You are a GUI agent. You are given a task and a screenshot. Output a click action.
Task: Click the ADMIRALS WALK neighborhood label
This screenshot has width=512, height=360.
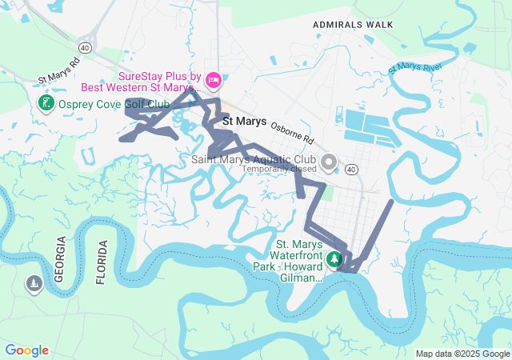(353, 25)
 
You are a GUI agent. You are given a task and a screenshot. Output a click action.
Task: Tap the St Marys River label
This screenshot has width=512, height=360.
(415, 66)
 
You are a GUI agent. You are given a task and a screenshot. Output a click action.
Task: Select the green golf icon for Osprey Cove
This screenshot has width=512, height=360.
(46, 102)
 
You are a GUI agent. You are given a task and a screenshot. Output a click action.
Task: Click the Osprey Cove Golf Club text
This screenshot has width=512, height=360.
(113, 104)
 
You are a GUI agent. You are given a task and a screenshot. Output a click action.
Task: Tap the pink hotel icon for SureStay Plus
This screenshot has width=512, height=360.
(213, 79)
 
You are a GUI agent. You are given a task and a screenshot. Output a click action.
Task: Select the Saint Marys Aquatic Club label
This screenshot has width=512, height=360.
(254, 160)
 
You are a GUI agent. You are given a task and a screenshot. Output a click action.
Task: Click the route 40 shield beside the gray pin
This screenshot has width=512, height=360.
(351, 170)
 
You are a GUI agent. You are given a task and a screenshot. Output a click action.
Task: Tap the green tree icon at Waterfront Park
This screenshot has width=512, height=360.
(334, 259)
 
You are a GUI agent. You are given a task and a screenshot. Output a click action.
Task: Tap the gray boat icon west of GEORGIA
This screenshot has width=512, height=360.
(34, 284)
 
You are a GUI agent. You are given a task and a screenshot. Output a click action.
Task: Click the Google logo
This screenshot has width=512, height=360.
(26, 350)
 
